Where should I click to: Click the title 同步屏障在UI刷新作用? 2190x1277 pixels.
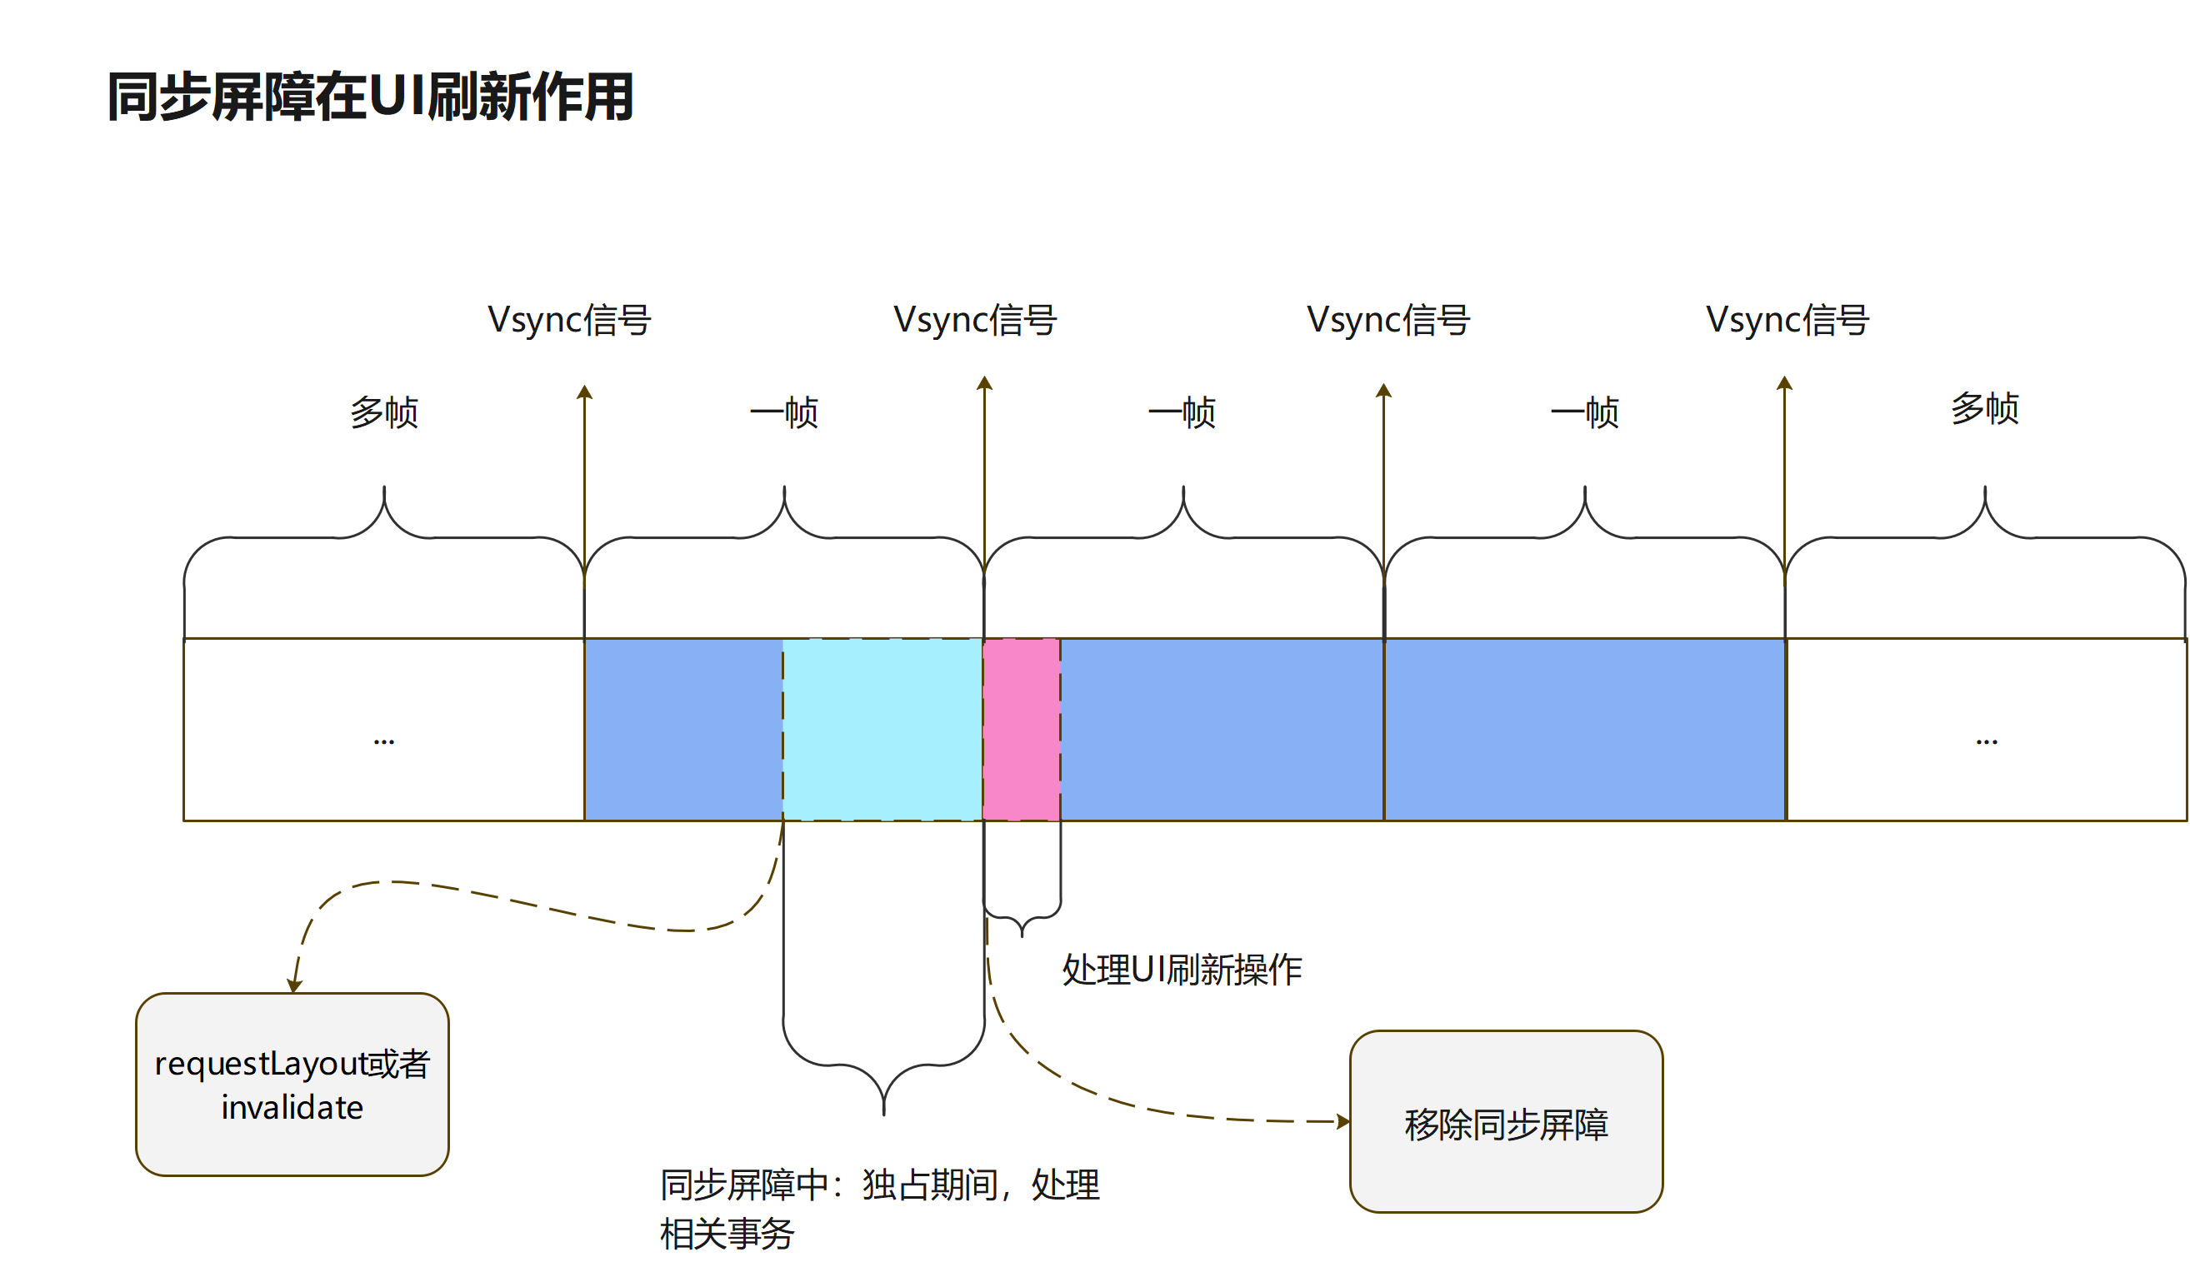pos(370,97)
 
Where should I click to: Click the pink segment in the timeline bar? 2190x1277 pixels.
pos(1021,730)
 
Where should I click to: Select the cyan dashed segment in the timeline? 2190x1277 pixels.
pos(882,730)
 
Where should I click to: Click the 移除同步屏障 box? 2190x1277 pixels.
pos(1506,1122)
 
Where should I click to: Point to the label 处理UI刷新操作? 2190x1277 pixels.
pos(1182,970)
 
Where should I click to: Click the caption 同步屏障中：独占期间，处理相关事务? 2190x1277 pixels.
pos(879,1209)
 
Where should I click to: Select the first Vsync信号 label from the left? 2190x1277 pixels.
pos(569,320)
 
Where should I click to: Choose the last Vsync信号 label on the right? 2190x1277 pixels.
pos(1787,320)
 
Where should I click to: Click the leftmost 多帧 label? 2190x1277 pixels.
pos(384,412)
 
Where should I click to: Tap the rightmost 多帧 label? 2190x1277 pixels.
pos(1985,408)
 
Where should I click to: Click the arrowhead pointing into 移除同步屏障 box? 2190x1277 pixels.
pos(1343,1121)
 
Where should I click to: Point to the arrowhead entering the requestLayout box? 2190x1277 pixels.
pos(295,986)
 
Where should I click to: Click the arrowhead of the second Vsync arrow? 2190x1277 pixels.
pos(985,383)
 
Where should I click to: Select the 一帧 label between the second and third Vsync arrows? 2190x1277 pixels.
pos(1182,412)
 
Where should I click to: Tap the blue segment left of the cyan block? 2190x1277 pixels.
pos(683,730)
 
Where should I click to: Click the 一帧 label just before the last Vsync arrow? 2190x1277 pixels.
pos(1584,412)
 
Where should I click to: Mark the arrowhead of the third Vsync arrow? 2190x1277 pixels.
pos(1383,390)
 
